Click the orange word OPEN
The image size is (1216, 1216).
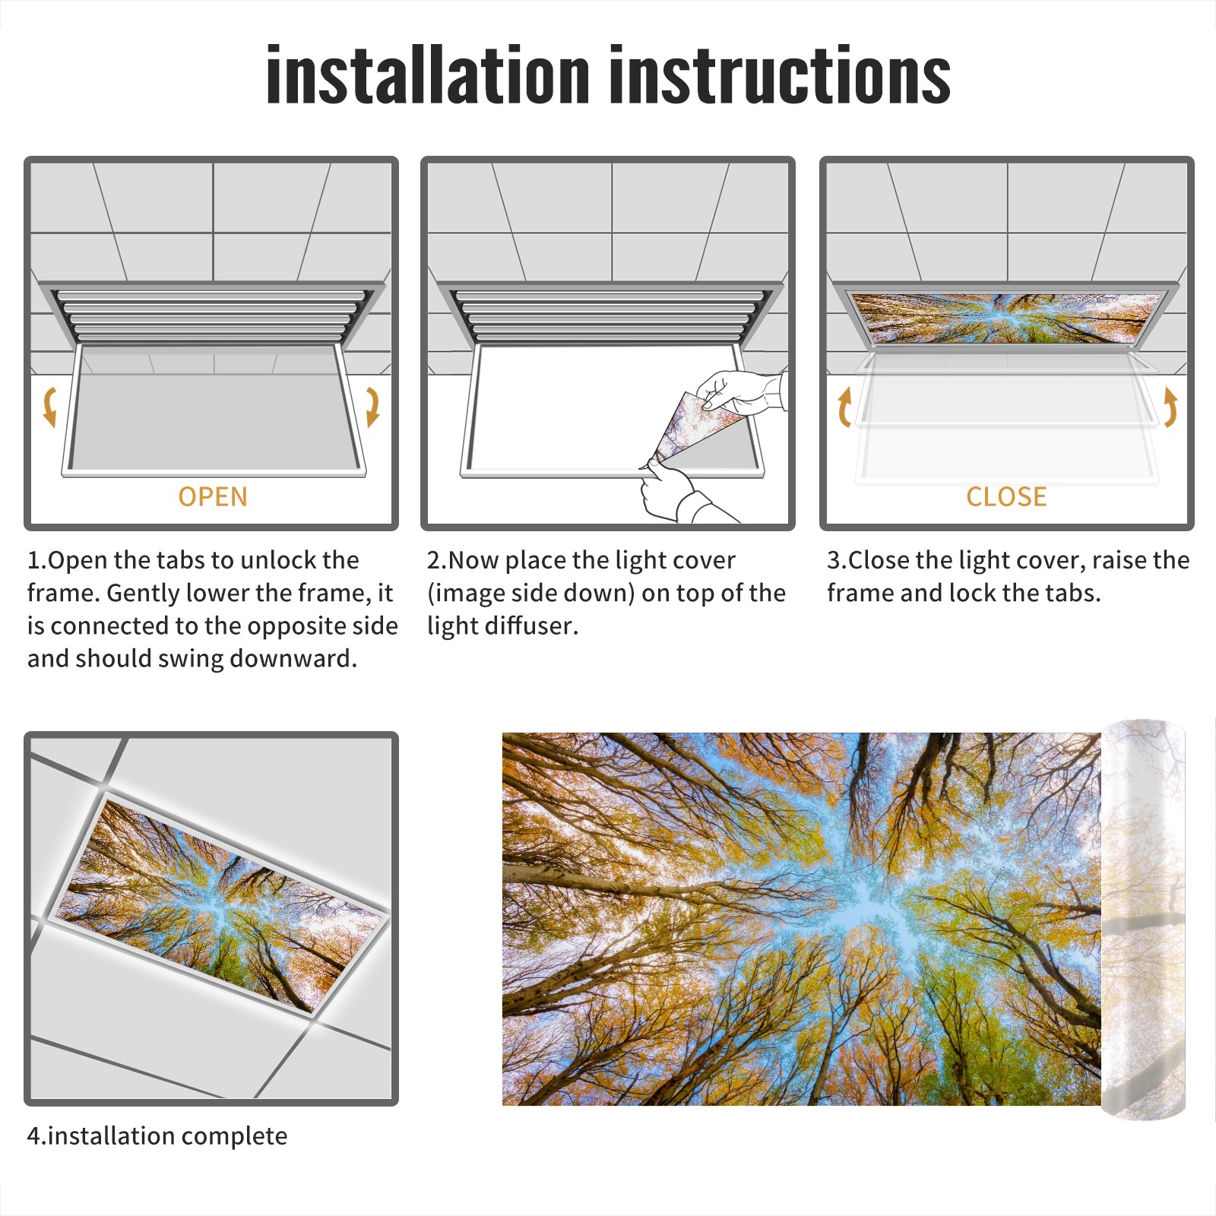(213, 497)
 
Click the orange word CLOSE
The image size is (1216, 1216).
(1006, 497)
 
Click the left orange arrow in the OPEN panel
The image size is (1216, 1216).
(50, 407)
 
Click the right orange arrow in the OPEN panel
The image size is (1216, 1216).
(372, 407)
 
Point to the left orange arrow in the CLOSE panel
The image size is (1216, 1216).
(844, 407)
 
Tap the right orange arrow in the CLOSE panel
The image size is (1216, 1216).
(1170, 407)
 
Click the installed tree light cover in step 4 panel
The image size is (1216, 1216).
(220, 904)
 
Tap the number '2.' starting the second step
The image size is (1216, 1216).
(437, 561)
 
